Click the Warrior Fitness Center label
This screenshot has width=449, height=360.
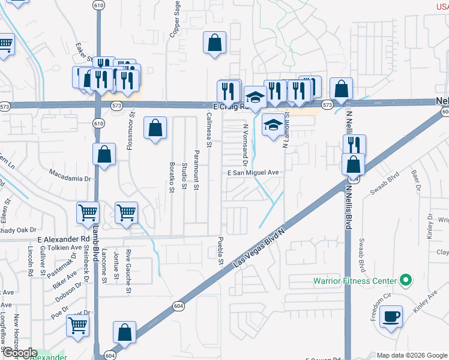pos(355,281)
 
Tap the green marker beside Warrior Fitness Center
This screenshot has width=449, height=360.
pos(405,280)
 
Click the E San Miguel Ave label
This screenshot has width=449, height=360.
pos(253,172)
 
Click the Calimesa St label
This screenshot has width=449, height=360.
pos(209,129)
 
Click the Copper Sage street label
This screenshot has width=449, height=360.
pos(176,19)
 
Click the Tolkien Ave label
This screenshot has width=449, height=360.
pos(60,247)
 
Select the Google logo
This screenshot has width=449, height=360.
pos(19,352)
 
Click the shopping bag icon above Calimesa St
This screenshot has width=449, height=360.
pos(214,43)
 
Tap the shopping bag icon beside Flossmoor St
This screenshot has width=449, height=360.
pos(155,127)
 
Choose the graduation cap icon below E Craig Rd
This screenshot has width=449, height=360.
pos(273,125)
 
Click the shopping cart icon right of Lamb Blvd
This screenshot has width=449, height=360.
pos(126,212)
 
